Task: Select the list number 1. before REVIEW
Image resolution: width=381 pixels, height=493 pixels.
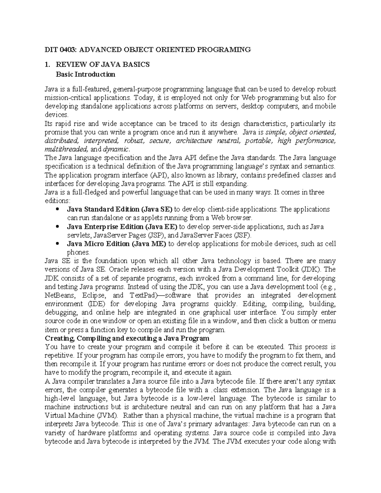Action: (x=48, y=65)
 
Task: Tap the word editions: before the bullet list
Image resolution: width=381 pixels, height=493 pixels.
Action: (x=57, y=201)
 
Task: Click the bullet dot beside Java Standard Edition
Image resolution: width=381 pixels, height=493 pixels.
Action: (x=57, y=210)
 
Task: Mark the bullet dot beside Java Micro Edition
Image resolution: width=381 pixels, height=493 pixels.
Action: (x=57, y=244)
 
